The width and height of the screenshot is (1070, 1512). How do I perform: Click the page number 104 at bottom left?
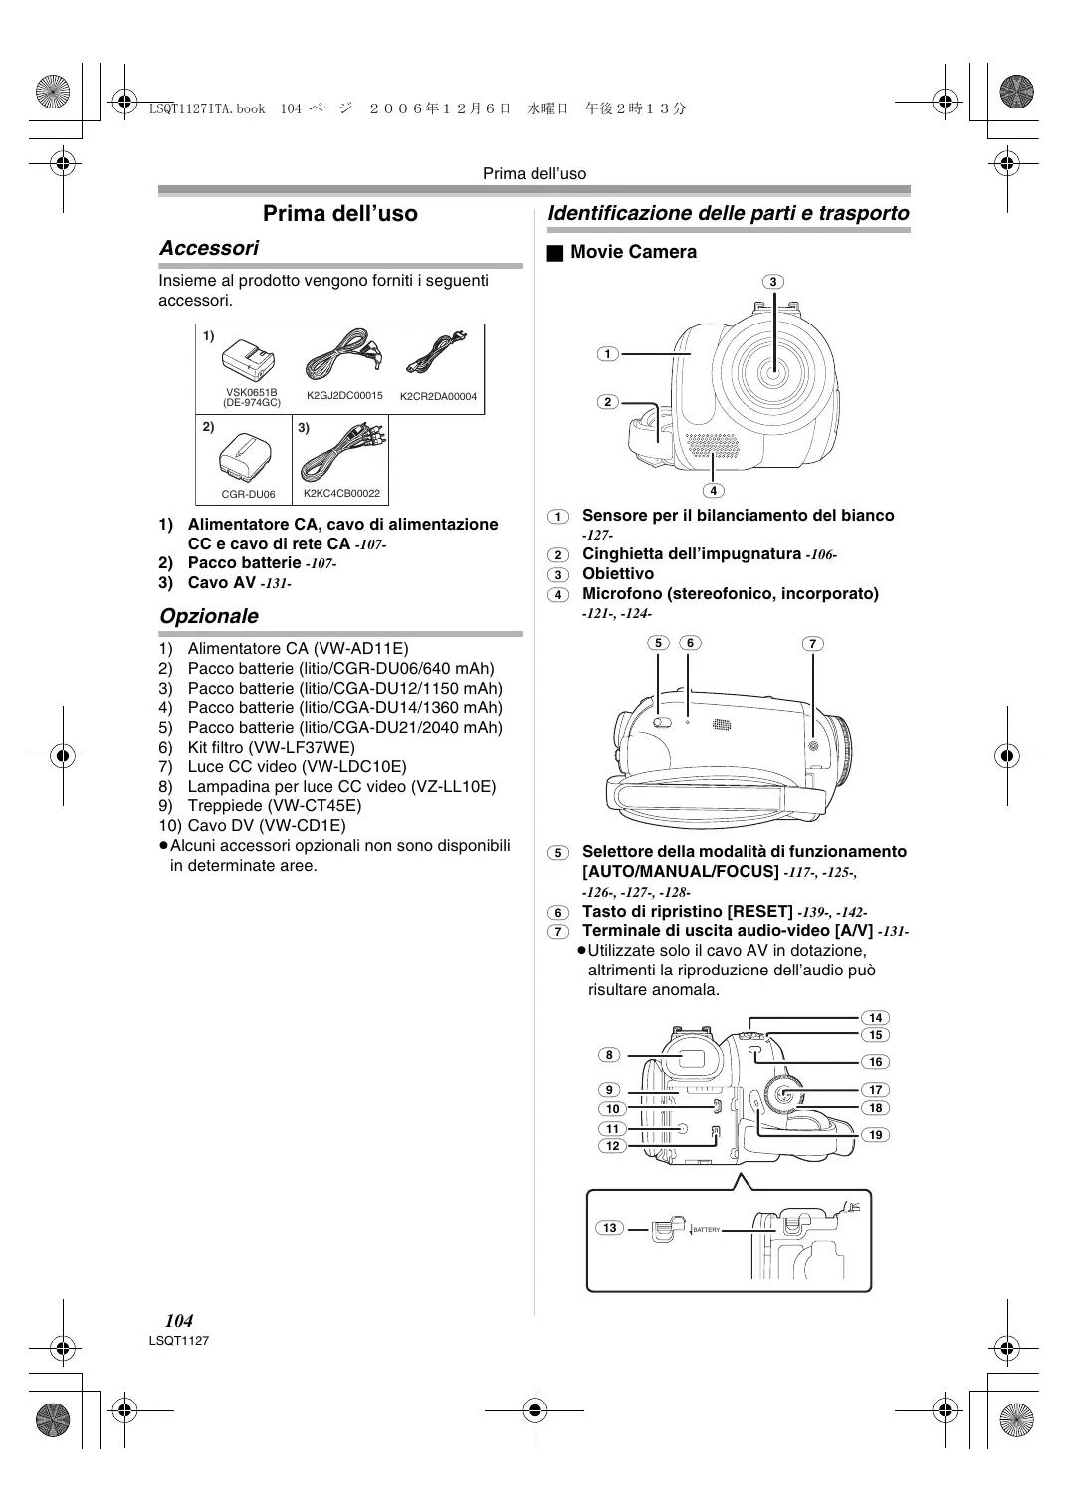click(x=179, y=1321)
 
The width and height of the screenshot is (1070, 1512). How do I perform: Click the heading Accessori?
click(x=209, y=248)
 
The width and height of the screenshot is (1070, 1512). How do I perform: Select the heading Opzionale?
click(x=209, y=616)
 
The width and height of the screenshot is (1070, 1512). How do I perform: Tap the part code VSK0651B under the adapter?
click(x=252, y=392)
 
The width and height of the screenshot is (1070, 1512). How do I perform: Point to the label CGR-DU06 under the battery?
click(x=248, y=494)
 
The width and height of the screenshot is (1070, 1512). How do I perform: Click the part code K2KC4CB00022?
click(x=341, y=493)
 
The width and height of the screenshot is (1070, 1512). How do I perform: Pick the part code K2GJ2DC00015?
click(x=344, y=396)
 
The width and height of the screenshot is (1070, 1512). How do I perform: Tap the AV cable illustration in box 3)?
click(x=342, y=452)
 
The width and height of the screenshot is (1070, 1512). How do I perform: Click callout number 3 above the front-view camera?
click(x=773, y=282)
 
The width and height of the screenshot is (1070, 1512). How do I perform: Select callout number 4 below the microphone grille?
click(x=714, y=490)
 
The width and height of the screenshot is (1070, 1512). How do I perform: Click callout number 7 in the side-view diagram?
click(x=813, y=644)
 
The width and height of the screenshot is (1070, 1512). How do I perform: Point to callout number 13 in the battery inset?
click(x=609, y=1228)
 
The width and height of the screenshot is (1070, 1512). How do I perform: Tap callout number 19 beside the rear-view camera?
click(x=875, y=1134)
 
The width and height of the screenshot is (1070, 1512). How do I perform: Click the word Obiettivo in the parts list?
click(x=618, y=574)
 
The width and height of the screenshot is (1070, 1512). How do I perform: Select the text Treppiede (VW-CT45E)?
click(x=274, y=806)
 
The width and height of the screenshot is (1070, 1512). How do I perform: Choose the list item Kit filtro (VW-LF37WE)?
click(x=271, y=747)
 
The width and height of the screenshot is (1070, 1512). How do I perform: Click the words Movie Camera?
click(x=633, y=252)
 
